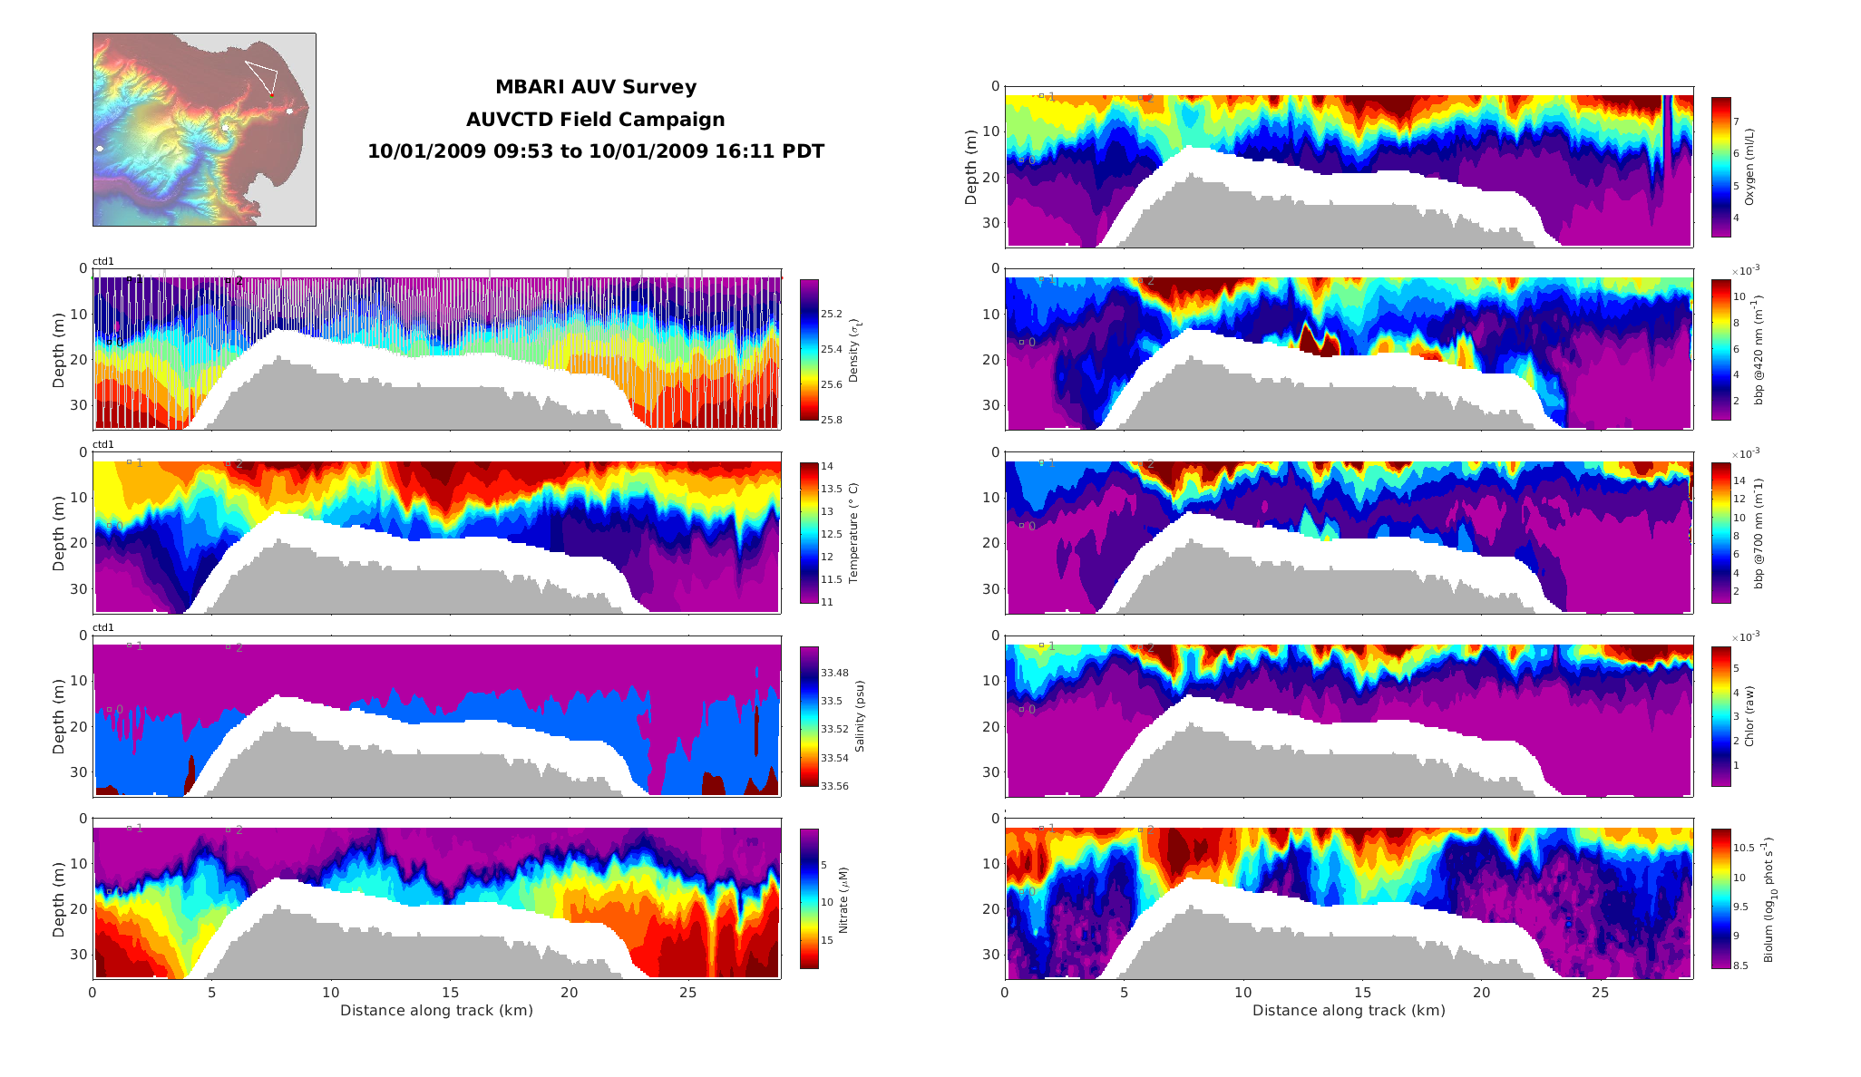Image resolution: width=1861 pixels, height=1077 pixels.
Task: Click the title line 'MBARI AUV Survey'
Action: point(595,87)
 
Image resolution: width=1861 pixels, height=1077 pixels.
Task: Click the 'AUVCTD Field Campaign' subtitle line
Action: point(595,120)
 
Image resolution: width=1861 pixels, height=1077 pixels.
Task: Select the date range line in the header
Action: point(595,151)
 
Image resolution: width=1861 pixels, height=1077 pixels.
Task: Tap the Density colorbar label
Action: point(853,350)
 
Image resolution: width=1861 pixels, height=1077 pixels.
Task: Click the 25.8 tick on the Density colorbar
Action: point(831,420)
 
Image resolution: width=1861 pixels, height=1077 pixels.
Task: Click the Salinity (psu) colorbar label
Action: point(859,716)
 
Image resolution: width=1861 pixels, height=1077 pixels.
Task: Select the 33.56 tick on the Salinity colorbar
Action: point(834,786)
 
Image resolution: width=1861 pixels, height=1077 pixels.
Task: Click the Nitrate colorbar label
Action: point(843,899)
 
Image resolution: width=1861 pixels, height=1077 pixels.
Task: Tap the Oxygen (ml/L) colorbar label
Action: point(1749,167)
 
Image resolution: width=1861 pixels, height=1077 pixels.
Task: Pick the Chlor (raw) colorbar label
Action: point(1749,716)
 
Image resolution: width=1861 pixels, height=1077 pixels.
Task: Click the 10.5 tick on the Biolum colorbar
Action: point(1745,848)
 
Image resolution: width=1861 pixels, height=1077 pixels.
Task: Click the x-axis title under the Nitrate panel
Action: point(436,1010)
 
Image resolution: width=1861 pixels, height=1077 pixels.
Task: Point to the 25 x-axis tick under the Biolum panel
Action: point(1601,993)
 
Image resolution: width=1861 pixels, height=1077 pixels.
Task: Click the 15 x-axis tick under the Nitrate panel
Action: point(450,993)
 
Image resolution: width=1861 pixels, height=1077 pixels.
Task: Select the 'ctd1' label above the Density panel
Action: point(103,262)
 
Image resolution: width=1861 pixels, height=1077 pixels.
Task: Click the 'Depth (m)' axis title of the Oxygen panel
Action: point(971,167)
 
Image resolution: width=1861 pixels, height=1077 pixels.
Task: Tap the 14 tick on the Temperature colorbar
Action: point(827,466)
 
